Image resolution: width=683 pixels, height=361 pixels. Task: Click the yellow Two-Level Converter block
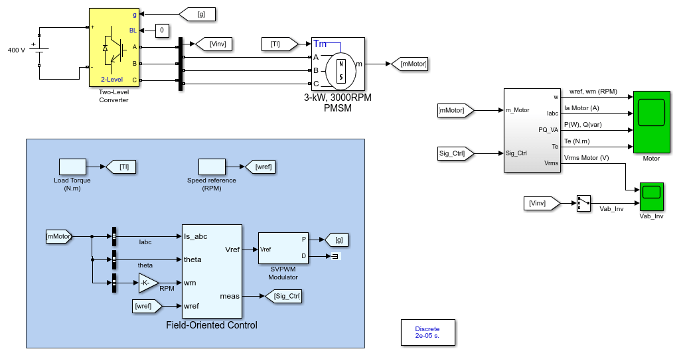coord(114,48)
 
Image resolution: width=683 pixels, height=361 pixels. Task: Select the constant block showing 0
coord(162,31)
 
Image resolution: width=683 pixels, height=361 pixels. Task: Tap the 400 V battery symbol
coord(39,50)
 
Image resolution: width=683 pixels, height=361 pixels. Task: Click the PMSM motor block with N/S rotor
coord(338,64)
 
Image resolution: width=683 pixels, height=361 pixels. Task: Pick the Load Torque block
coord(73,167)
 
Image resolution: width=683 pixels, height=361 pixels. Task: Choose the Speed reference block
coord(212,167)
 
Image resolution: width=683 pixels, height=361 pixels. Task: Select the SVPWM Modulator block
coord(283,248)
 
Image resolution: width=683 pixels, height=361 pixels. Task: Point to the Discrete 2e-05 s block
coord(427,332)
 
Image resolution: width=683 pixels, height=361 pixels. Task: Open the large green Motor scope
coord(652,122)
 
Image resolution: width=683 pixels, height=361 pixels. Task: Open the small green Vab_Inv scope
coord(652,197)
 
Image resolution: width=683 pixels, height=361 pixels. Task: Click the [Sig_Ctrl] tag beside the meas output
coord(283,296)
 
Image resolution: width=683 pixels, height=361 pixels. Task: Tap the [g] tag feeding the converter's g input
coord(197,15)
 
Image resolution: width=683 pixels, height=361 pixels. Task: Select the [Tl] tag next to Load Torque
coord(121,167)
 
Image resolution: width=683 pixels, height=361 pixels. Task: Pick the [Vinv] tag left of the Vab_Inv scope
coord(542,203)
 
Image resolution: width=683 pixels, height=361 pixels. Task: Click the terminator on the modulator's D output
coord(335,257)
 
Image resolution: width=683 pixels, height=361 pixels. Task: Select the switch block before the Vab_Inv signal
coord(583,203)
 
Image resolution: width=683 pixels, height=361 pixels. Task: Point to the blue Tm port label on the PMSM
coord(320,44)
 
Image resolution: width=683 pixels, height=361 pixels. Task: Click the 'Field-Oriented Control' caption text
coord(212,325)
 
